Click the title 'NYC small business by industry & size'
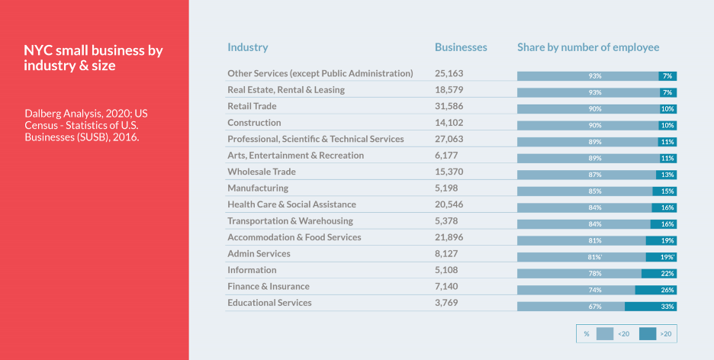tap(93, 58)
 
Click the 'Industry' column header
tap(247, 47)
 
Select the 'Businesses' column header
tap(461, 47)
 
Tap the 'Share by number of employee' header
tap(588, 47)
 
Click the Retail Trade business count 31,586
tap(449, 106)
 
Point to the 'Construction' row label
tap(254, 123)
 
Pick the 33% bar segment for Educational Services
tap(651, 307)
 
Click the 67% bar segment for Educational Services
tap(571, 307)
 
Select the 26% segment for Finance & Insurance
tap(656, 290)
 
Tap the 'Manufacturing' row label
tap(258, 188)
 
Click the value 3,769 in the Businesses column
tap(449, 303)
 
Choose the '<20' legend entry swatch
tap(605, 333)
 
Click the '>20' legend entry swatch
tap(648, 333)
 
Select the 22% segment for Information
tap(659, 274)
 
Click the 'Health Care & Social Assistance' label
tap(291, 204)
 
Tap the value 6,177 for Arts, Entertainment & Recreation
tap(449, 156)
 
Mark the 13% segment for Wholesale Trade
tap(666, 175)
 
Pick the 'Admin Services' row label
tap(259, 254)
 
